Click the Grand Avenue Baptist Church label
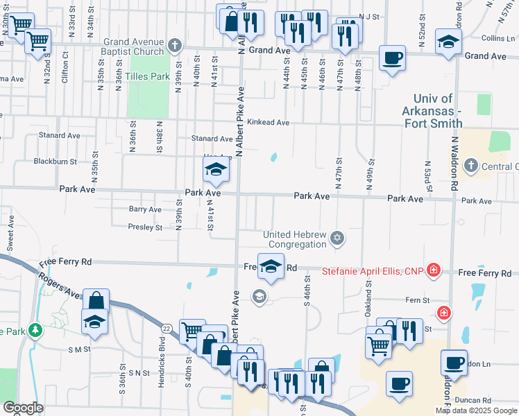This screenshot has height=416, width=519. point(134,46)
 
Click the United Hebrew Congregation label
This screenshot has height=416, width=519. point(295,239)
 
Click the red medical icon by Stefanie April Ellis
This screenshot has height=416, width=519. point(434,269)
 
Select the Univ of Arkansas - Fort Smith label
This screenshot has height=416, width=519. point(432,111)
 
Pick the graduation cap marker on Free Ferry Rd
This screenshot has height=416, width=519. point(271,266)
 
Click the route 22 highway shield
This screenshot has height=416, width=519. point(167,328)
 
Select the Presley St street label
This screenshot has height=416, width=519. point(145,227)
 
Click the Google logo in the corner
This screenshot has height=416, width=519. point(23,407)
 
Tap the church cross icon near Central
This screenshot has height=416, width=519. point(471,166)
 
